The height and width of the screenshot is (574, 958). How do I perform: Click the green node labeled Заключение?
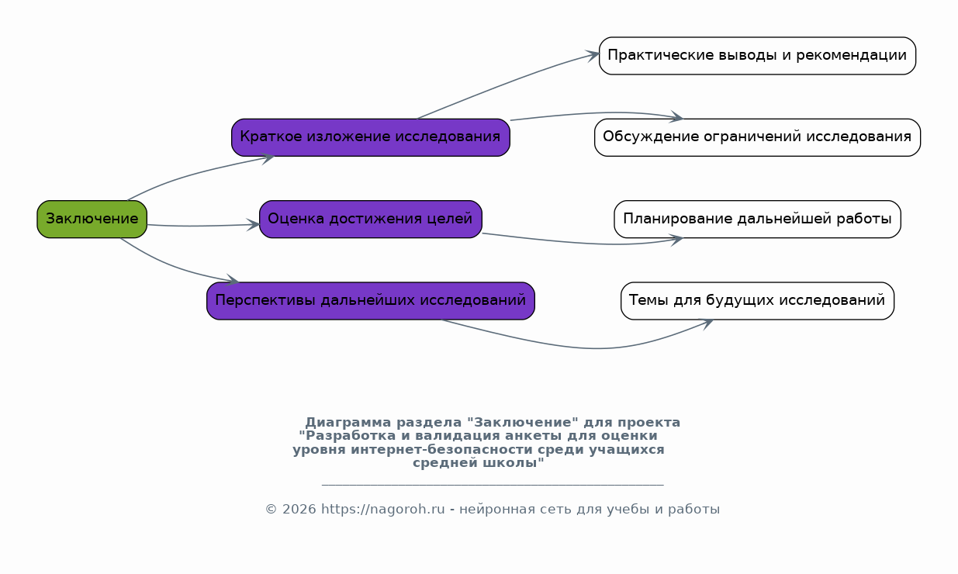point(92,219)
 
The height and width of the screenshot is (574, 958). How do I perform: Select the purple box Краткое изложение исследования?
point(371,137)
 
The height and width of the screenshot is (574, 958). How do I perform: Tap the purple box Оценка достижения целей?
point(371,219)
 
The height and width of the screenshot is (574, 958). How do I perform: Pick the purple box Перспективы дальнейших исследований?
point(371,301)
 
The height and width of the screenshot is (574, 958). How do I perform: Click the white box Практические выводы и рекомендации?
point(757,56)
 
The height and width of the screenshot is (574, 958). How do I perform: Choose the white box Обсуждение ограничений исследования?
point(757,137)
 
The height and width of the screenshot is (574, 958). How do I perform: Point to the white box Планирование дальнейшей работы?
point(757,219)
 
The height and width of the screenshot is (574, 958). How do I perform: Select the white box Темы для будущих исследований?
point(757,301)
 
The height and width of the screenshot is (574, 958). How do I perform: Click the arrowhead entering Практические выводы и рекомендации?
point(593,55)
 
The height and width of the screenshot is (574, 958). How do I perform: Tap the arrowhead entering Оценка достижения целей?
point(253,224)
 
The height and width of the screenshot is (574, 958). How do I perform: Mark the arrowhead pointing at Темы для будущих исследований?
point(706,323)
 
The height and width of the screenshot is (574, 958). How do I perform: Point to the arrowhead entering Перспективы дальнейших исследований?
point(232,280)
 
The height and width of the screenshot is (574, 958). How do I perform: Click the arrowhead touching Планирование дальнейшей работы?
point(676,240)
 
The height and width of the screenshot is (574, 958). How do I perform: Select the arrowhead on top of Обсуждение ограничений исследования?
point(676,116)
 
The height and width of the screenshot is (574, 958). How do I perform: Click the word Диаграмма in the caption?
point(348,422)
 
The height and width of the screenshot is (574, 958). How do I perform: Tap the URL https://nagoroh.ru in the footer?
point(382,509)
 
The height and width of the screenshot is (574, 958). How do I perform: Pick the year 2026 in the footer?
point(299,509)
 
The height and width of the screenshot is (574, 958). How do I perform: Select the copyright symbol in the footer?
point(271,509)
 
